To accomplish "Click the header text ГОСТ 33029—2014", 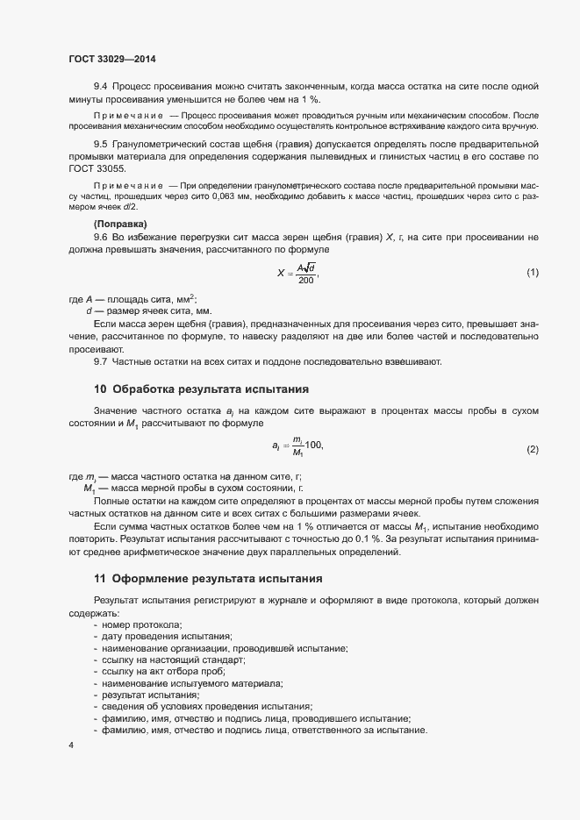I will point(112,59).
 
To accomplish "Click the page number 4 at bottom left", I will point(71,745).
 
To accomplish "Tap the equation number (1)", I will point(533,273).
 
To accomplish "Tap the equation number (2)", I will point(533,449).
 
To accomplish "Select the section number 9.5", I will point(100,143).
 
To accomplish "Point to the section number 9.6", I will point(100,238).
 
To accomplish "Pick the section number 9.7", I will point(100,361).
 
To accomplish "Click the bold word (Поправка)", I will point(118,225).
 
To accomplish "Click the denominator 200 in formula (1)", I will point(305,280).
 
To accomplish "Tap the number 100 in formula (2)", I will point(313,446).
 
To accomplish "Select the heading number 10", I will point(100,389).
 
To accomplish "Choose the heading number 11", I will point(100,579).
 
